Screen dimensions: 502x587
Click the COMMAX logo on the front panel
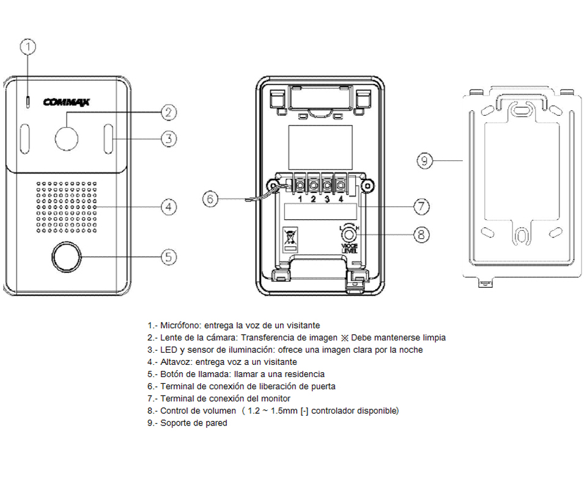(x=67, y=102)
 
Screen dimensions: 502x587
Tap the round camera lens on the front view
(x=67, y=138)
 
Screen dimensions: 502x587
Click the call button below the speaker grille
(x=66, y=257)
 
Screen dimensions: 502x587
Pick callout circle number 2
(x=169, y=112)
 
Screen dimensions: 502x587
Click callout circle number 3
(x=169, y=139)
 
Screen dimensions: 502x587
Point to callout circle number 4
(x=169, y=207)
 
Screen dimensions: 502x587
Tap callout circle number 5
(x=169, y=257)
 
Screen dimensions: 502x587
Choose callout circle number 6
(x=210, y=200)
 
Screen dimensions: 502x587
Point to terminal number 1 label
(x=300, y=199)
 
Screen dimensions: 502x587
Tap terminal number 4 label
(x=339, y=199)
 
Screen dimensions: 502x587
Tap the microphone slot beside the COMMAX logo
(x=27, y=101)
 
